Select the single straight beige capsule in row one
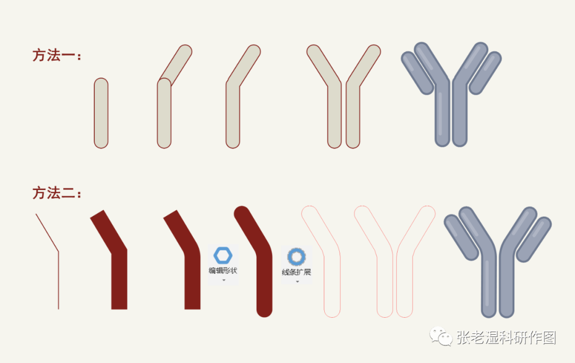101,113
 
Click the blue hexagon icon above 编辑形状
223,255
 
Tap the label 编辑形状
223,271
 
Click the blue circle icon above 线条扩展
296,257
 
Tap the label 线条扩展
296,272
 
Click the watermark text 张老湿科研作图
506,337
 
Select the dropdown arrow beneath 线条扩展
297,282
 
